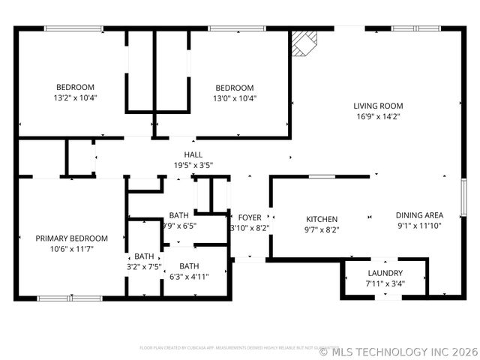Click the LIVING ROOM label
pos(378,106)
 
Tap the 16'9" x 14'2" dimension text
pos(378,116)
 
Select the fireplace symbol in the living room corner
pos(304,43)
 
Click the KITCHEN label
pos(322,219)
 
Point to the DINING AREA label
pos(420,215)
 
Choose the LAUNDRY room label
pos(385,273)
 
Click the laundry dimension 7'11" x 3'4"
pos(385,283)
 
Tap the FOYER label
pos(250,218)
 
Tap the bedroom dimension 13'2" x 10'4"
pos(75,97)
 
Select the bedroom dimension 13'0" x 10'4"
pos(235,97)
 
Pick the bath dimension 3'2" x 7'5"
pos(144,266)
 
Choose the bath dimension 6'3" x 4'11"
pos(189,276)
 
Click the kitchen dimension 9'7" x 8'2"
pos(322,229)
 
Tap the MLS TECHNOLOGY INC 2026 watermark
pos(397,350)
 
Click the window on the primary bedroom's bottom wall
pos(59,298)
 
